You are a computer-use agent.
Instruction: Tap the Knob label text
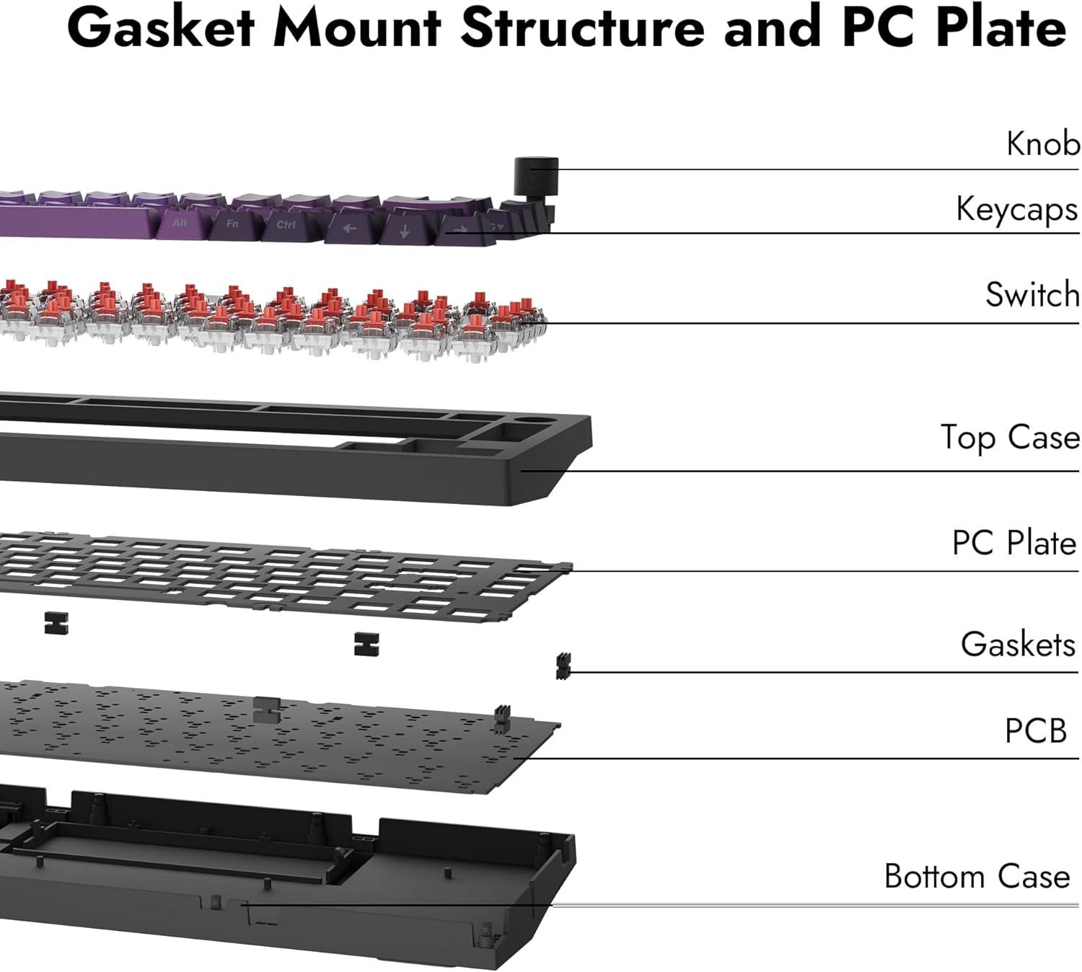[x=1042, y=143]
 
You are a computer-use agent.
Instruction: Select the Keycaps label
[x=1016, y=209]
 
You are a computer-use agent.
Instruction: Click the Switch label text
[x=1032, y=294]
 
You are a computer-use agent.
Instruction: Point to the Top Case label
[x=1010, y=438]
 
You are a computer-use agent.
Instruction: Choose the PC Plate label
[x=1013, y=543]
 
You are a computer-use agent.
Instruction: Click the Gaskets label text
[x=1018, y=644]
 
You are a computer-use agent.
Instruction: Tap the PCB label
[x=1035, y=730]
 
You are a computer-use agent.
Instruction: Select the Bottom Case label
[x=977, y=876]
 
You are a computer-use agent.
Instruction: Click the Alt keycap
[x=180, y=224]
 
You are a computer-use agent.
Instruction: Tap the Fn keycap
[x=232, y=224]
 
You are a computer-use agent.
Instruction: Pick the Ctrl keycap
[x=286, y=225]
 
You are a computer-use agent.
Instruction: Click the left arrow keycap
[x=350, y=229]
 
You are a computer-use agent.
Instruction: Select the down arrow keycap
[x=404, y=231]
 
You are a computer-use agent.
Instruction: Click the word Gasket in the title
[x=161, y=27]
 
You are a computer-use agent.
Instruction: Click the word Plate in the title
[x=1000, y=27]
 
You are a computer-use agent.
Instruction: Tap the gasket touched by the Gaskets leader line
[x=563, y=666]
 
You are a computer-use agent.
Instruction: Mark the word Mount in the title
[x=358, y=27]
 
